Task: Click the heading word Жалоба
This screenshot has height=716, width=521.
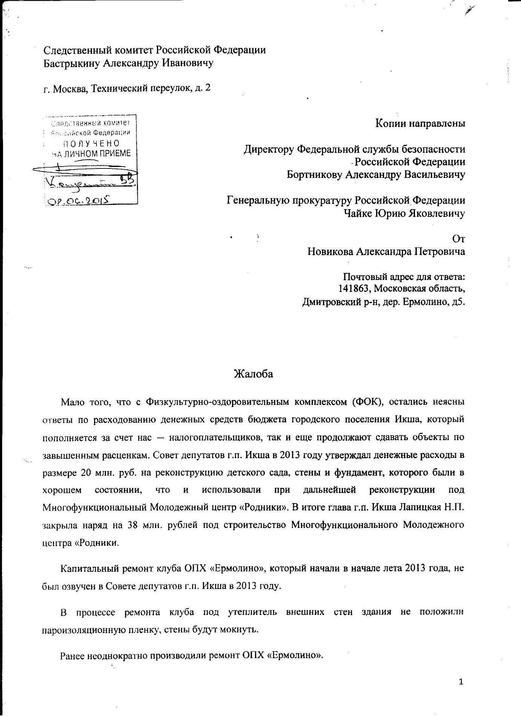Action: (x=253, y=374)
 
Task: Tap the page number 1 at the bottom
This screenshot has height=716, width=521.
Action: (x=461, y=681)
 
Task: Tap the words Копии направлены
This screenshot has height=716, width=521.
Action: (x=420, y=123)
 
